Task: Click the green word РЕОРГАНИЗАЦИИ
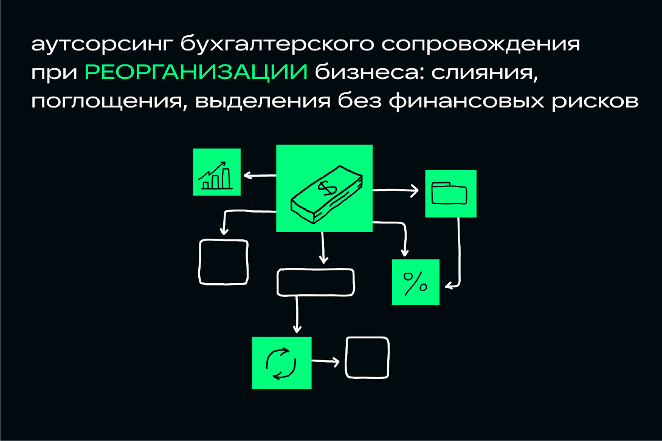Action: (196, 72)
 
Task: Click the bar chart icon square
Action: (216, 172)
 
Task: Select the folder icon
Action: (450, 194)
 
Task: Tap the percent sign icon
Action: (415, 282)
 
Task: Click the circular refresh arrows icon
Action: (281, 363)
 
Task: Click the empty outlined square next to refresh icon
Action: (367, 357)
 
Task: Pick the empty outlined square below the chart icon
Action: (223, 262)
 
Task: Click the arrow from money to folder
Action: (395, 191)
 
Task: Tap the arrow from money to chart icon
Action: (259, 176)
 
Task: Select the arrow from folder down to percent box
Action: (457, 255)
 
